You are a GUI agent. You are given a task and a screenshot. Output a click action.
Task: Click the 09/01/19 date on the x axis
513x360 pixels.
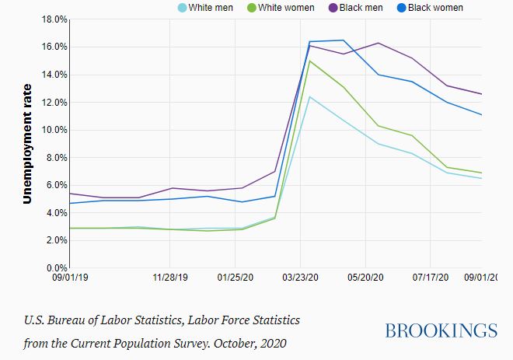(x=70, y=277)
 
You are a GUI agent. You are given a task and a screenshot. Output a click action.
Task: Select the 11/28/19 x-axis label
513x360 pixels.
(x=171, y=277)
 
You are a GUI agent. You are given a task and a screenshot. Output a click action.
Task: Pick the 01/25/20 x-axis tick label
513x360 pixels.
(x=236, y=277)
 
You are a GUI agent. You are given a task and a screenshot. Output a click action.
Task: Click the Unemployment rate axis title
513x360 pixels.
(x=27, y=143)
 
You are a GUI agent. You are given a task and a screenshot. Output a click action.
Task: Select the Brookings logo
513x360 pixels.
(x=441, y=330)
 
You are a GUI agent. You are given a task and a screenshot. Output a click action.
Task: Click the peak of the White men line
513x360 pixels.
(x=310, y=96)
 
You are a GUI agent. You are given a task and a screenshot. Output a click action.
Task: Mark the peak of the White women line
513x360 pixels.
(x=310, y=61)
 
